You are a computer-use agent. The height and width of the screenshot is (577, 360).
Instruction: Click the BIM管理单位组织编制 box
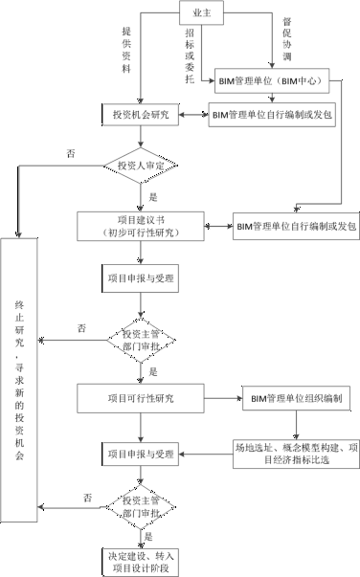(298, 396)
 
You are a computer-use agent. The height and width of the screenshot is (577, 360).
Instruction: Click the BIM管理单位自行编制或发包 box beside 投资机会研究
(272, 116)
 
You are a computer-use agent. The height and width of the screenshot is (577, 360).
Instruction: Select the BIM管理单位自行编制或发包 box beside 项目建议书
(295, 227)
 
